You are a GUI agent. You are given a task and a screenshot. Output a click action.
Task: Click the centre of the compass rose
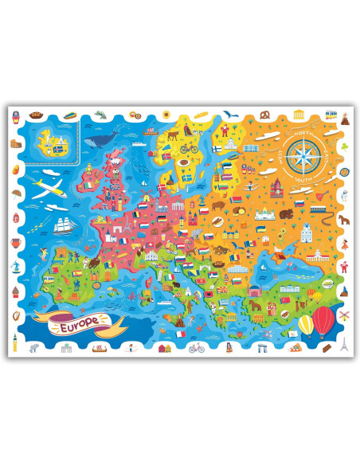pos(303,154)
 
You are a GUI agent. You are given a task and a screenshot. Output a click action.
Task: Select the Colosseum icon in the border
pos(15,144)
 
